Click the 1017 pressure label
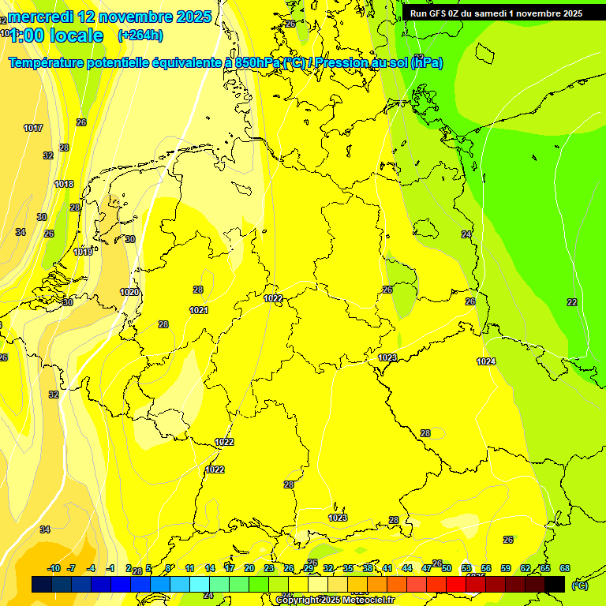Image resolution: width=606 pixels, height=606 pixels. tap(33, 128)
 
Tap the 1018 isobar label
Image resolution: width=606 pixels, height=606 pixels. tap(64, 184)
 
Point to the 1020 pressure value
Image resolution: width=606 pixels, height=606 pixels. tap(129, 292)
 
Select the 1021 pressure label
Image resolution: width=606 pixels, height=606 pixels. tap(199, 310)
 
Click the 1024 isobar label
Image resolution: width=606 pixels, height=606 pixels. tap(486, 361)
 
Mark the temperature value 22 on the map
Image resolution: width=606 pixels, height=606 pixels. tap(572, 302)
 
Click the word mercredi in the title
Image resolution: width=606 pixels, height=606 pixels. tap(40, 17)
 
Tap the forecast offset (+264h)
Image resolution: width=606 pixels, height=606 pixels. tap(140, 36)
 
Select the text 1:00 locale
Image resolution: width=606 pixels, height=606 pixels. tap(56, 36)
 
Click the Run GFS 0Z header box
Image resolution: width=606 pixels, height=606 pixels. tap(496, 13)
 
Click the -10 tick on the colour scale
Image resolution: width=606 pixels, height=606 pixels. tap(53, 568)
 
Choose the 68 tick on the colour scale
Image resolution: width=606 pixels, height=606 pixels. tap(565, 568)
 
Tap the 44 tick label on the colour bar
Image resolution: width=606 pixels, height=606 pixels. tap(407, 568)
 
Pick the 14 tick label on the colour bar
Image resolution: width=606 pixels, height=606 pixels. tap(210, 568)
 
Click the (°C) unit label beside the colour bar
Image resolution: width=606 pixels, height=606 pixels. tap(580, 585)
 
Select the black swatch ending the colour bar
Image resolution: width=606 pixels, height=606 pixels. tap(555, 585)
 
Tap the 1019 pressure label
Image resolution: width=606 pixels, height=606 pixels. tap(83, 252)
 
